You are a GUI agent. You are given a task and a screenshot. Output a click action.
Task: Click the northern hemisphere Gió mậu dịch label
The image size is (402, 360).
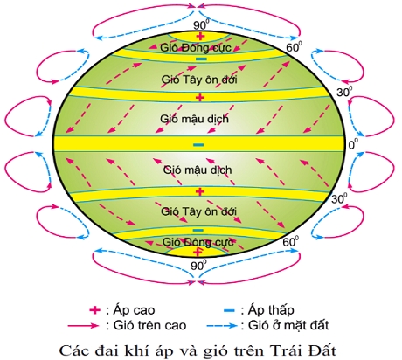(x=194, y=119)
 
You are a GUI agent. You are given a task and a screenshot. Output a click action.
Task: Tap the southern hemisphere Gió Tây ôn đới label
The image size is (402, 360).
(x=198, y=211)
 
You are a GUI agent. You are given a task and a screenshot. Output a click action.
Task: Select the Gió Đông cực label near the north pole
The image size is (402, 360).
(x=196, y=47)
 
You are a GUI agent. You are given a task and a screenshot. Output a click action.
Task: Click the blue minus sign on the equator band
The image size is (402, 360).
(x=199, y=145)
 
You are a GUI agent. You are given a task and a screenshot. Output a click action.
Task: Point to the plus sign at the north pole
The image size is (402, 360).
(x=200, y=36)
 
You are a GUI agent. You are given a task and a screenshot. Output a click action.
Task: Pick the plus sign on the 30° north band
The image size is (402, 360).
(x=200, y=97)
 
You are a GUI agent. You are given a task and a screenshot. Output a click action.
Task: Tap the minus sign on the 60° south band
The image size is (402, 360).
(x=198, y=230)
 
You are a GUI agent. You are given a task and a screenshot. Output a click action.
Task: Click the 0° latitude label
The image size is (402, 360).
(x=353, y=144)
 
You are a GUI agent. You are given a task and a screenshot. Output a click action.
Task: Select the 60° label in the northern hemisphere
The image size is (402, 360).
(x=294, y=46)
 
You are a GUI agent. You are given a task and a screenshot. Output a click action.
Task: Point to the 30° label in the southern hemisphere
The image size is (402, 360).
(x=339, y=198)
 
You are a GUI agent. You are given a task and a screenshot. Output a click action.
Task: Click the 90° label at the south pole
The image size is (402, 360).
(x=198, y=266)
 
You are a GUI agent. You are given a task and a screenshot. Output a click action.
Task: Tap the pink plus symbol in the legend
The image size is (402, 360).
(x=94, y=310)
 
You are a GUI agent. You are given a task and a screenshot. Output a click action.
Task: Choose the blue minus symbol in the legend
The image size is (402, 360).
(x=229, y=310)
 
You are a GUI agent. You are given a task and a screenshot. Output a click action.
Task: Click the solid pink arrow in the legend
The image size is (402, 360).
(x=83, y=325)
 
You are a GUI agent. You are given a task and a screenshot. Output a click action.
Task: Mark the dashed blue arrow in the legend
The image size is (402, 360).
(x=222, y=325)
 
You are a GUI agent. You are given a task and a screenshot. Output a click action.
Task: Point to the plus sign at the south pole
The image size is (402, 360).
(x=198, y=251)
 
